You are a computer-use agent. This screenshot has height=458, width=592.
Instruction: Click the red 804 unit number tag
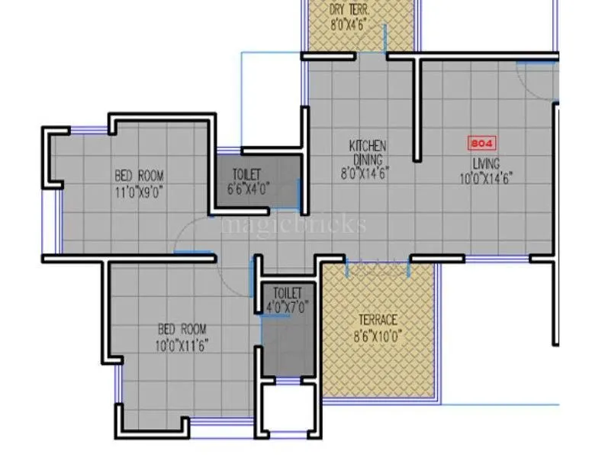click(x=481, y=143)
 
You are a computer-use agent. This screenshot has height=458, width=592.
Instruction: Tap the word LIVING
click(x=485, y=164)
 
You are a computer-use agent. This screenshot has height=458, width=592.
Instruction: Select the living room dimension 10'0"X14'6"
click(x=485, y=178)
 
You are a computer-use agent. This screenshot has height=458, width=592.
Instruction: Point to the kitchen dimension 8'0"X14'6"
click(x=366, y=173)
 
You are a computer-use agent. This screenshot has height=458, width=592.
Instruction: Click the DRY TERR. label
click(x=348, y=10)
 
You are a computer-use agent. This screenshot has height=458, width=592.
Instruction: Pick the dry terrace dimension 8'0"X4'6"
click(x=350, y=24)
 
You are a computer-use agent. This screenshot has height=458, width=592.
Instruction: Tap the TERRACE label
click(x=378, y=320)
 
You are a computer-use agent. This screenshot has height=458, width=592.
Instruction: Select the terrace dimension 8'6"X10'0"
click(x=378, y=334)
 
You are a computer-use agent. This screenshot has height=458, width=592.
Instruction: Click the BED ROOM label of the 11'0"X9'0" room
click(x=140, y=175)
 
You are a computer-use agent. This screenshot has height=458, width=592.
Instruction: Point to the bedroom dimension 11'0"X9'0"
click(x=140, y=190)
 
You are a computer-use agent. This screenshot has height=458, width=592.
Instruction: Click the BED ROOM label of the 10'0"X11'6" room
click(x=182, y=329)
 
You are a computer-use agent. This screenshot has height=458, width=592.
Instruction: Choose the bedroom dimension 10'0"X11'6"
click(x=182, y=345)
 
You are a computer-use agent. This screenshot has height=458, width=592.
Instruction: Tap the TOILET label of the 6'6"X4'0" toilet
click(x=246, y=175)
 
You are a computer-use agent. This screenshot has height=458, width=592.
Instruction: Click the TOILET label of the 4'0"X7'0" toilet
click(x=288, y=293)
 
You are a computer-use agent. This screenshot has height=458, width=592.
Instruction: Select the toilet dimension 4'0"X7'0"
click(x=288, y=308)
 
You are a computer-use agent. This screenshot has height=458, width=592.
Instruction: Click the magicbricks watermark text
click(x=293, y=224)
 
